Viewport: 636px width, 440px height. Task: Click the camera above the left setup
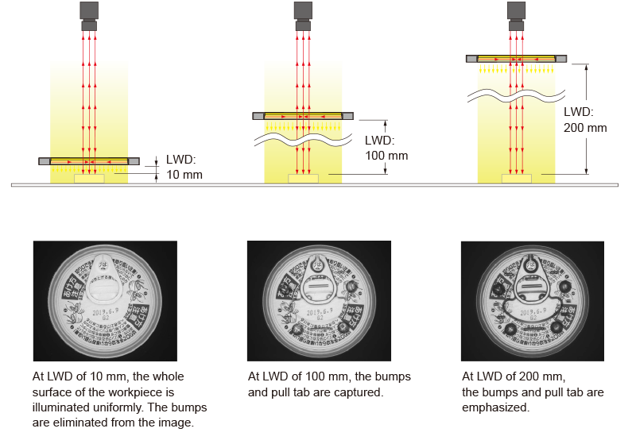pos(89,16)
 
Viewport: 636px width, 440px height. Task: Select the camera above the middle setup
pos(303,16)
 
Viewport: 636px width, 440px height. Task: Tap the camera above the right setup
pos(516,16)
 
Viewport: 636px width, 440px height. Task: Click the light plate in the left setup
pos(89,161)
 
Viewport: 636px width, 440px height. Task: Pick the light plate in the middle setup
pos(303,116)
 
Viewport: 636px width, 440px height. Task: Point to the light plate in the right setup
pos(516,59)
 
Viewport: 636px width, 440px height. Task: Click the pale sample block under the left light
pos(89,179)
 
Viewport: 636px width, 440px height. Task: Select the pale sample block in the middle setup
pos(303,179)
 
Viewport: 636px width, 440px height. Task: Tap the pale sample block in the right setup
pos(516,179)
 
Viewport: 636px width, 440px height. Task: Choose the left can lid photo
pos(105,301)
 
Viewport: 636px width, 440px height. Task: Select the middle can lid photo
pos(319,301)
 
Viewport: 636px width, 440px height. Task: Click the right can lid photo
pos(532,301)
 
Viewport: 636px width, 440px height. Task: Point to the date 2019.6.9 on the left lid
pos(106,312)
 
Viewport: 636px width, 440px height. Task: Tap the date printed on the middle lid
pos(320,312)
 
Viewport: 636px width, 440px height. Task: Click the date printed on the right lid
pos(533,312)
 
